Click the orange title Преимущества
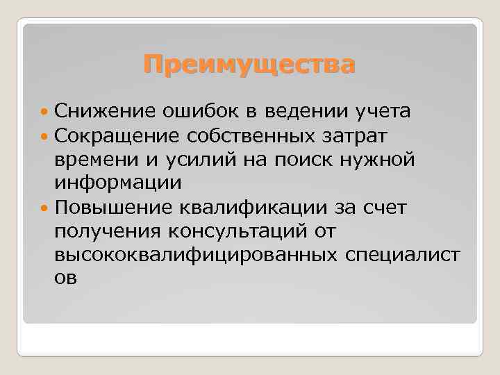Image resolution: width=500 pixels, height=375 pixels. (249, 65)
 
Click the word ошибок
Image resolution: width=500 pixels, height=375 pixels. (201, 110)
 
